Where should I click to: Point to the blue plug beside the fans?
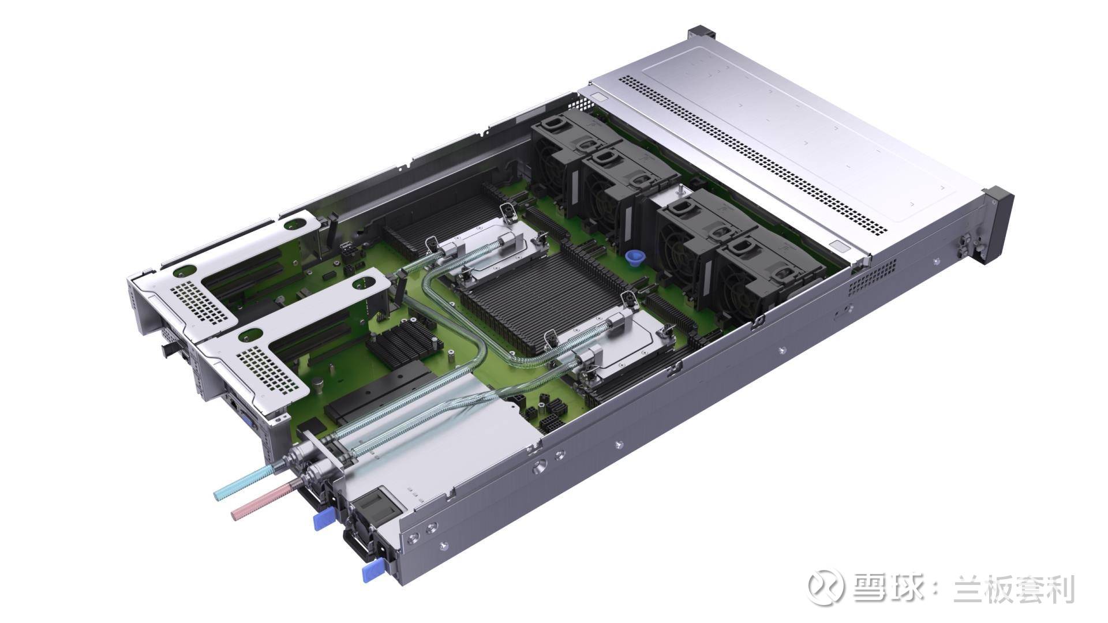(635, 258)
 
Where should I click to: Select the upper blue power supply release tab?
(324, 518)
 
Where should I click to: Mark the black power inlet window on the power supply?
(380, 502)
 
